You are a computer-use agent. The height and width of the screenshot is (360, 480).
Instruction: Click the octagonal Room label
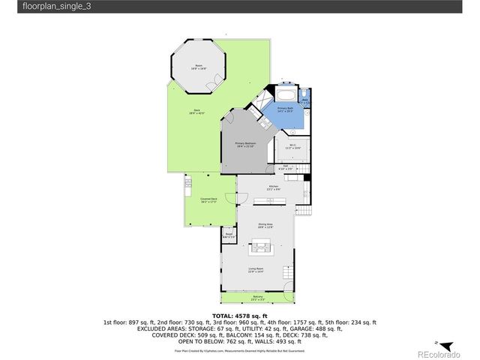(x=199, y=66)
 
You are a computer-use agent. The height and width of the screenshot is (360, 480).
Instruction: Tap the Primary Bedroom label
(x=246, y=144)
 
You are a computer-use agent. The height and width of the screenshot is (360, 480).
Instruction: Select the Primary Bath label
(x=286, y=109)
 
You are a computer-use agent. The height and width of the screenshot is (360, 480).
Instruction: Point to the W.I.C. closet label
(x=287, y=148)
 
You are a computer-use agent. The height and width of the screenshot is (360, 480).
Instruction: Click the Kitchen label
(x=274, y=187)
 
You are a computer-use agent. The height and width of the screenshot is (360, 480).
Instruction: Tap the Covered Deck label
(x=208, y=200)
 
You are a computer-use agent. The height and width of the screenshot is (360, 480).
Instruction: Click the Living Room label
(x=257, y=272)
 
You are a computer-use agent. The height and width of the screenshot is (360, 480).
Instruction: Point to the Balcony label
(x=257, y=298)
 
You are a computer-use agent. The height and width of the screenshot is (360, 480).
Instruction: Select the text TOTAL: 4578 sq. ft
(x=239, y=315)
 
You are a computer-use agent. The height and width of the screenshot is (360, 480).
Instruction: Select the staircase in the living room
(x=286, y=271)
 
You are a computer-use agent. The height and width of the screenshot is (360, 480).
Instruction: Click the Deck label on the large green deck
(x=196, y=112)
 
